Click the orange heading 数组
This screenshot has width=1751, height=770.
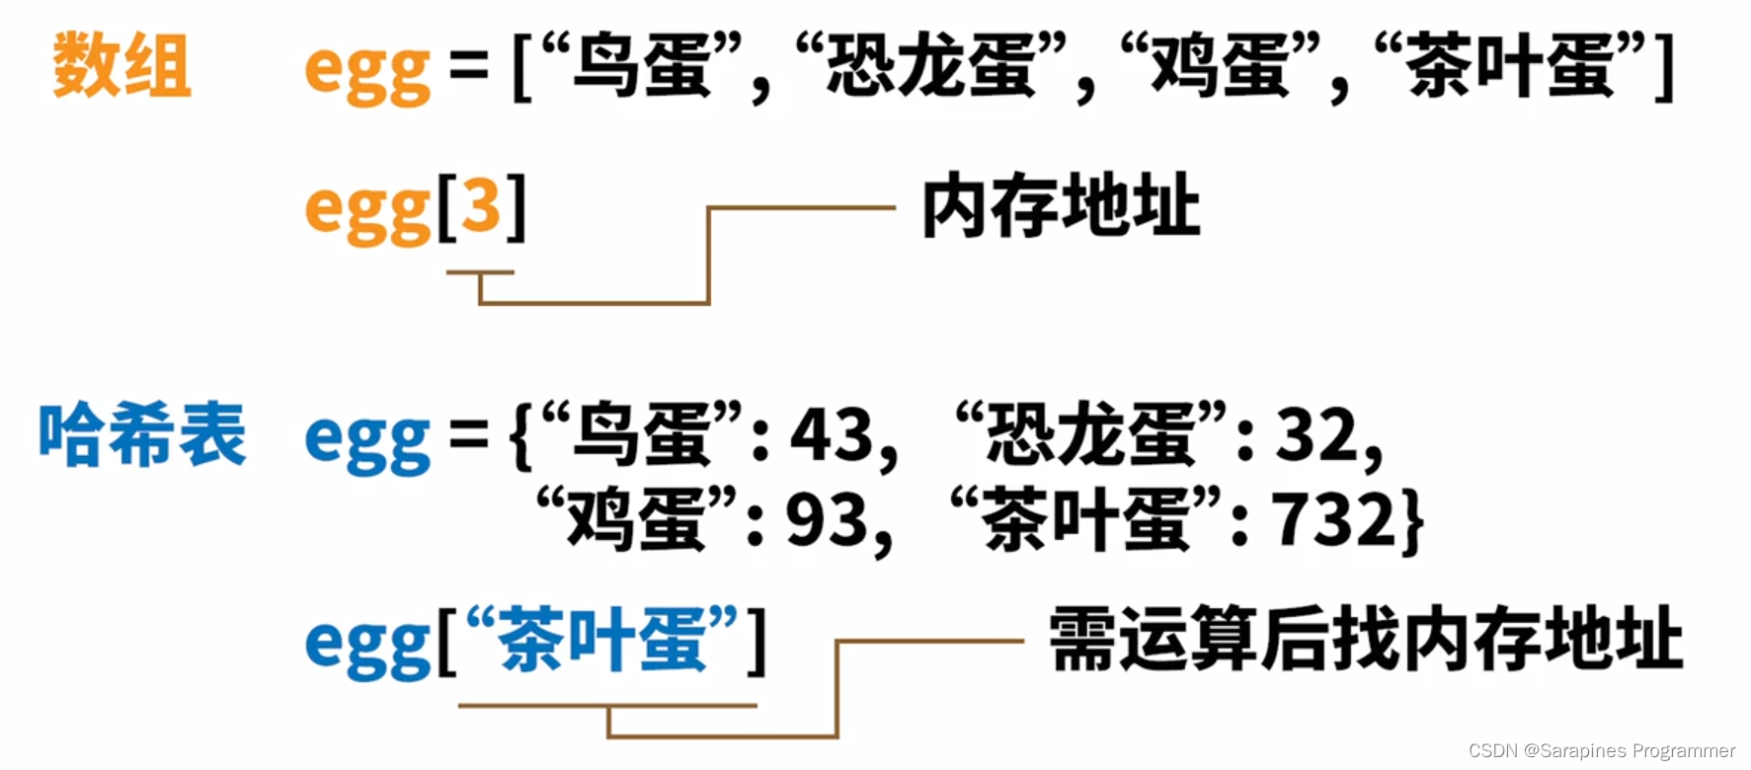coord(121,65)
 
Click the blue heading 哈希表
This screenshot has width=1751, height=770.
coord(142,434)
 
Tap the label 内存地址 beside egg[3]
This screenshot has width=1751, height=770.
coord(1061,206)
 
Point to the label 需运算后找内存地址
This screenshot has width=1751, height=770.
coord(1365,640)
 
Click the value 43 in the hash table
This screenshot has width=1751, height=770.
coord(832,435)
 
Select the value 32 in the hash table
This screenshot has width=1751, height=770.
coord(1316,435)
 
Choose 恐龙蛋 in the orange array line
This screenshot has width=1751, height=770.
coord(930,65)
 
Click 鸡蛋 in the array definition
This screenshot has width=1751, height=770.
coord(1221,65)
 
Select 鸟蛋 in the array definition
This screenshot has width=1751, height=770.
coord(642,65)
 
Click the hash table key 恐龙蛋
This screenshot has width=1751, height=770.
coord(1091,435)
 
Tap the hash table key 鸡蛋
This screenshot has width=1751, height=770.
coord(637,520)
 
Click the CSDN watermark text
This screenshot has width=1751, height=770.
coord(1601,751)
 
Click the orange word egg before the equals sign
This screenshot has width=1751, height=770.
coord(367,71)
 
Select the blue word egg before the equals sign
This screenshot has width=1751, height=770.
coord(367,441)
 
